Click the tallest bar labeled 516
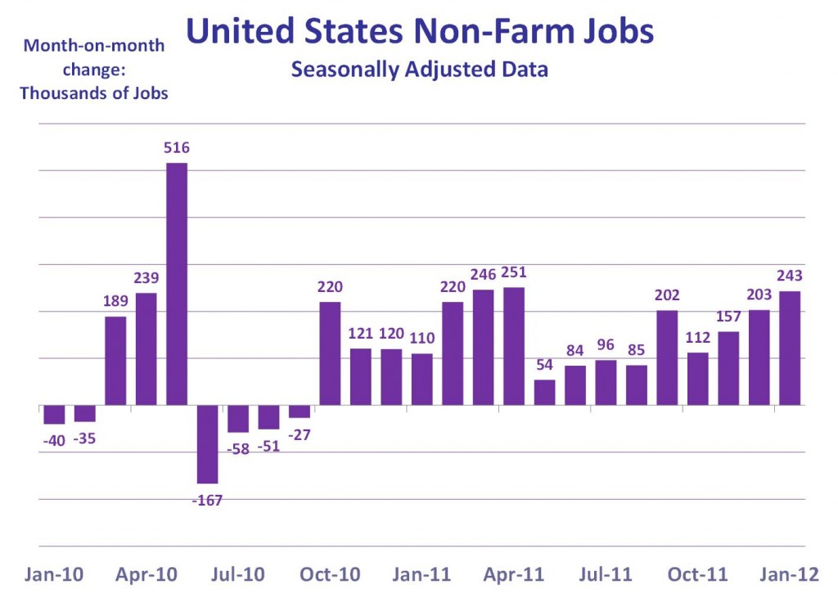(x=177, y=283)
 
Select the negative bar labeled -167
(x=207, y=444)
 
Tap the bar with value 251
(x=514, y=346)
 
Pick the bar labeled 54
(x=544, y=393)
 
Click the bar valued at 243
(x=790, y=348)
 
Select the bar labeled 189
(x=115, y=361)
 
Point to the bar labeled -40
(x=54, y=414)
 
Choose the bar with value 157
(x=728, y=368)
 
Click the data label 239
(x=146, y=276)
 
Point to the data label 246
(x=483, y=273)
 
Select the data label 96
(x=606, y=344)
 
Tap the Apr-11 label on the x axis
(x=514, y=575)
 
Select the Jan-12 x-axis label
(x=790, y=575)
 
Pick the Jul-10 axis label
(x=239, y=575)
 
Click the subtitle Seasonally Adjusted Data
(x=419, y=70)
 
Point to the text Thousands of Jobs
(x=94, y=92)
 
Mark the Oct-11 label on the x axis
(x=697, y=575)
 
